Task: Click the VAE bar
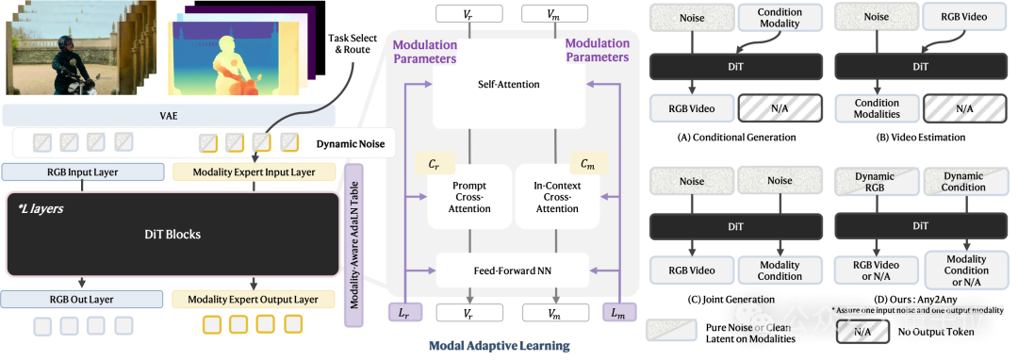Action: click(169, 116)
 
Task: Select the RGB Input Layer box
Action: click(82, 172)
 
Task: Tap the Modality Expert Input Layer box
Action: click(254, 172)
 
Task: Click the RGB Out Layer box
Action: click(82, 300)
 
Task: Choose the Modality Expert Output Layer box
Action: click(254, 300)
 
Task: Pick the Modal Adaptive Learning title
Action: click(499, 346)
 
